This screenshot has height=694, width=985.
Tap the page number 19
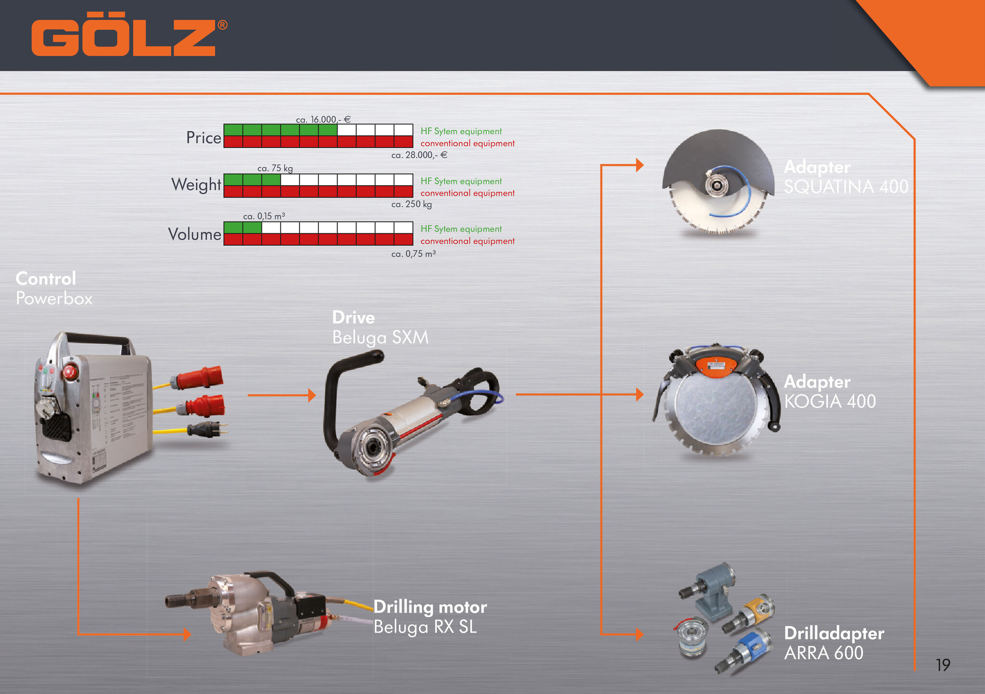pos(943,665)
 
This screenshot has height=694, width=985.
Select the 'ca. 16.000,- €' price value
pos(323,119)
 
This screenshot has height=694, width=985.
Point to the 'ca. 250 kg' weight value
pos(411,204)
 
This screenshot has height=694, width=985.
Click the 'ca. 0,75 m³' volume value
pos(413,253)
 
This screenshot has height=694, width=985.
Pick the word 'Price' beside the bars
pos(204,138)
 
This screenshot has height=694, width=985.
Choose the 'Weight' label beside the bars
pos(196,185)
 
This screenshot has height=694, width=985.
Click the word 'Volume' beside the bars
pos(195,234)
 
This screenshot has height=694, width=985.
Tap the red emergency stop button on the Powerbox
pos(70,372)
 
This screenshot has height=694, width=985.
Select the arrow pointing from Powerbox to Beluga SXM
pos(281,395)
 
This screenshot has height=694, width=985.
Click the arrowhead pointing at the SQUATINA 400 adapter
pos(640,165)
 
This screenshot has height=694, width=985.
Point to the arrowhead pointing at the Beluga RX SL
pos(187,634)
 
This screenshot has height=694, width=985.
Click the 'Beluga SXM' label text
pos(380,338)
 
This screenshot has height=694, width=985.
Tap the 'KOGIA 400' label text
pos(830,401)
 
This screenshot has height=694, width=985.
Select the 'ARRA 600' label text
pos(823,653)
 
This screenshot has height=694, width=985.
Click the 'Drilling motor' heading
pos(430,607)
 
